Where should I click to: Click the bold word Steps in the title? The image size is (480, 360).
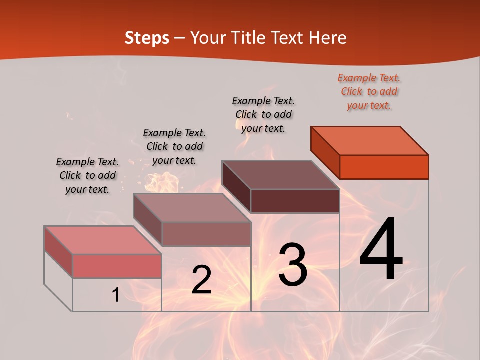click(147, 38)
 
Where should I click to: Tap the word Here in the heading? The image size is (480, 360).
click(327, 38)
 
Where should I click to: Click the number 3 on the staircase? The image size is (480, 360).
click(293, 265)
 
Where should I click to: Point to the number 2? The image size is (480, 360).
click(201, 280)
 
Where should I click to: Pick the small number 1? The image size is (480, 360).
click(115, 295)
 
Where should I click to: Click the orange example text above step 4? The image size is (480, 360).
click(369, 91)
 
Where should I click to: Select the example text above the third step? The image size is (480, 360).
click(263, 114)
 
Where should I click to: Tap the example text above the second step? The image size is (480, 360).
click(174, 146)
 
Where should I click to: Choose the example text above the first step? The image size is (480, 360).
click(87, 175)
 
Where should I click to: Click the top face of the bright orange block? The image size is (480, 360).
click(370, 140)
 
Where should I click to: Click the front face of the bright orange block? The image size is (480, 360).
click(384, 167)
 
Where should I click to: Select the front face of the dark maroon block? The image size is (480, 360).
click(295, 201)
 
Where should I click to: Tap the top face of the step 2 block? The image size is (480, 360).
click(192, 207)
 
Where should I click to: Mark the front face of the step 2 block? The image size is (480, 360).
click(206, 234)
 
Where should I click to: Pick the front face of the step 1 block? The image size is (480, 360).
click(117, 266)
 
